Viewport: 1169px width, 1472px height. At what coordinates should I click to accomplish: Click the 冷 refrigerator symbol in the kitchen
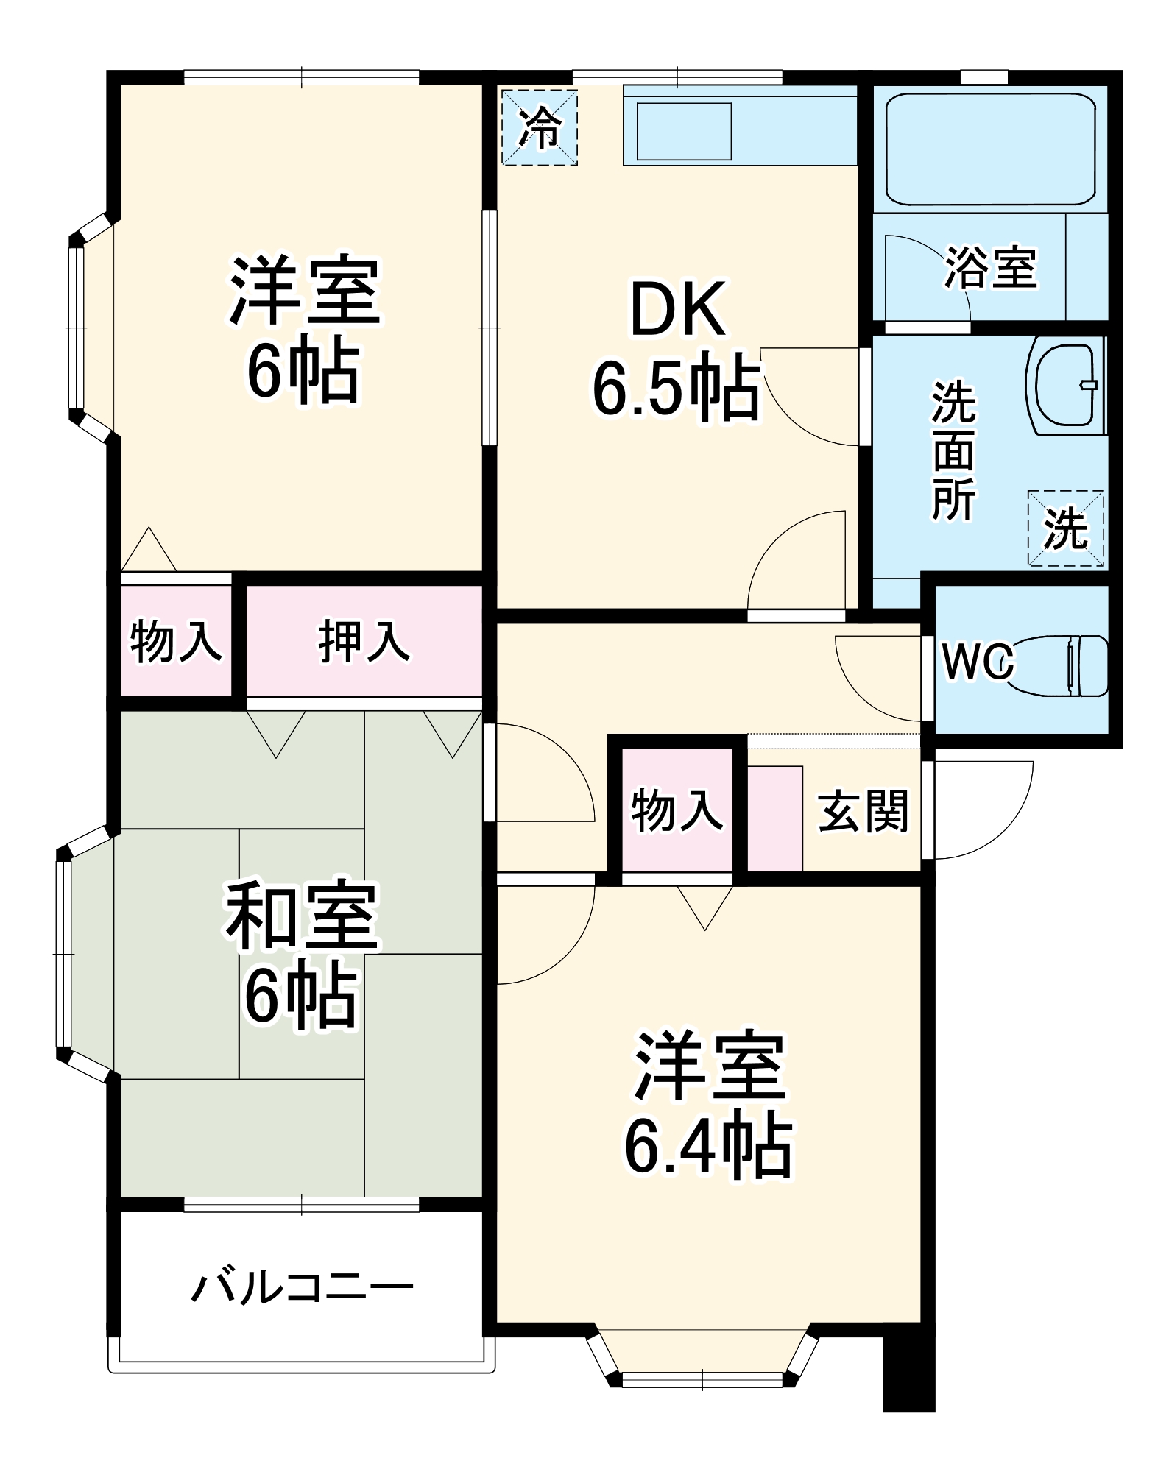tap(540, 127)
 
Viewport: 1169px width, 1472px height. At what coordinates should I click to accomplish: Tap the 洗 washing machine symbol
tap(1066, 528)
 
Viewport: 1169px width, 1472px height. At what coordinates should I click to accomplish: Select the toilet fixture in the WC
tap(1060, 665)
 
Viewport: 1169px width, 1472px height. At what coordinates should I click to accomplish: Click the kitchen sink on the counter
tap(684, 131)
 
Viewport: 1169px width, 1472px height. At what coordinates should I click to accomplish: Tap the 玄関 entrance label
tap(863, 811)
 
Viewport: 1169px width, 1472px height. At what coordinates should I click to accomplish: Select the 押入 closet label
tap(364, 641)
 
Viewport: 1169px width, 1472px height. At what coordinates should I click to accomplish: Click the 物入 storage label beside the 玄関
tap(677, 810)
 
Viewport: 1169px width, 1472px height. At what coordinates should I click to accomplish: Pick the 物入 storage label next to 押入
tap(175, 641)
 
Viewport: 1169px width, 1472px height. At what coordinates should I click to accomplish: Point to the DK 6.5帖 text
tap(676, 350)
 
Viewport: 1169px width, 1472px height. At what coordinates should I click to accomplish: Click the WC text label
tap(978, 663)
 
